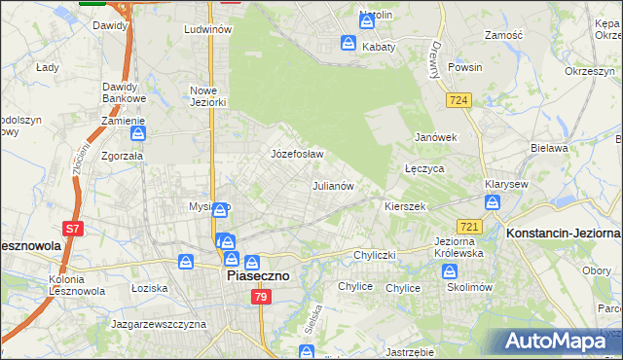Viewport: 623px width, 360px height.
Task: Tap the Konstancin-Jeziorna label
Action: click(x=564, y=234)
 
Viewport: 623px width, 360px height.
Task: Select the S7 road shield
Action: click(x=73, y=230)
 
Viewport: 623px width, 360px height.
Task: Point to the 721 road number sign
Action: click(x=469, y=227)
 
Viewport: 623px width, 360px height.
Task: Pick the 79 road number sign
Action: click(x=262, y=298)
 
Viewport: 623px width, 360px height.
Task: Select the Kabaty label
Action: click(x=378, y=46)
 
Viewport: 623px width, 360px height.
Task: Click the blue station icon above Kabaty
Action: click(x=348, y=43)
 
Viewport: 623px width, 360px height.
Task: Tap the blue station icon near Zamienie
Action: click(x=138, y=133)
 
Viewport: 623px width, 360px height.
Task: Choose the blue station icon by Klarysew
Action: click(x=493, y=202)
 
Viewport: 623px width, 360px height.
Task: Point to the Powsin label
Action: click(x=465, y=68)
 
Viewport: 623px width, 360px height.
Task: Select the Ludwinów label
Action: click(x=207, y=30)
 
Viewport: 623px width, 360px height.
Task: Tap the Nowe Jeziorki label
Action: click(x=207, y=96)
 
